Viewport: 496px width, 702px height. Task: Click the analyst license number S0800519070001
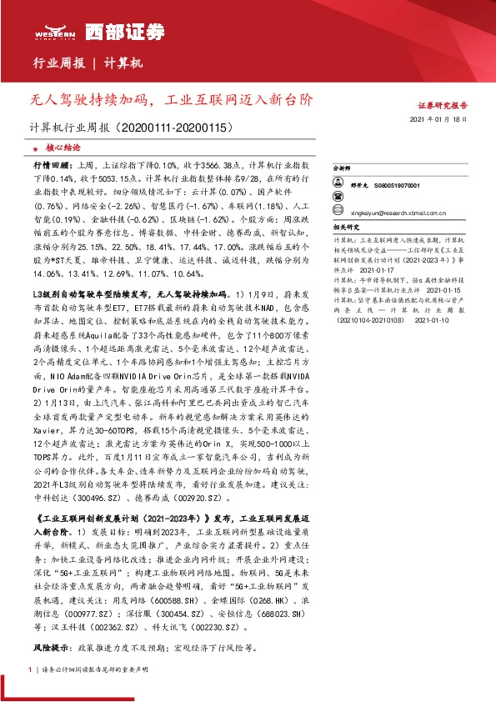(396, 184)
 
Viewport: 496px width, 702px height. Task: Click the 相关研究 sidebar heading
(346, 226)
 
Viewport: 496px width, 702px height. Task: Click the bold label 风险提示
(51, 647)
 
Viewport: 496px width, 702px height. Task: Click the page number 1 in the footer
(31, 669)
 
